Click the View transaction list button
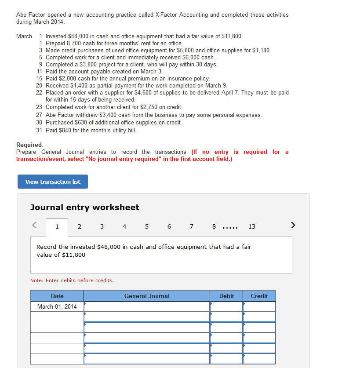[x=53, y=182]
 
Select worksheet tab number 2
[x=79, y=227]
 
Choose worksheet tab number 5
[x=146, y=227]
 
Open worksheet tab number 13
[x=252, y=227]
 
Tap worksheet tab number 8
[x=214, y=227]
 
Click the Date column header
[x=57, y=296]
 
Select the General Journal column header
[x=147, y=296]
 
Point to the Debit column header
[x=226, y=296]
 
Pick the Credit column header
[x=259, y=296]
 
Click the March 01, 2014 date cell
[x=57, y=306]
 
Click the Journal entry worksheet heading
[x=85, y=207]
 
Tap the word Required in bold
[x=29, y=145]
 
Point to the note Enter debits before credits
[x=72, y=281]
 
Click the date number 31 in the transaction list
[x=40, y=130]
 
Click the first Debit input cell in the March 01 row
[x=226, y=306]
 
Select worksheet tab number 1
[x=57, y=227]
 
